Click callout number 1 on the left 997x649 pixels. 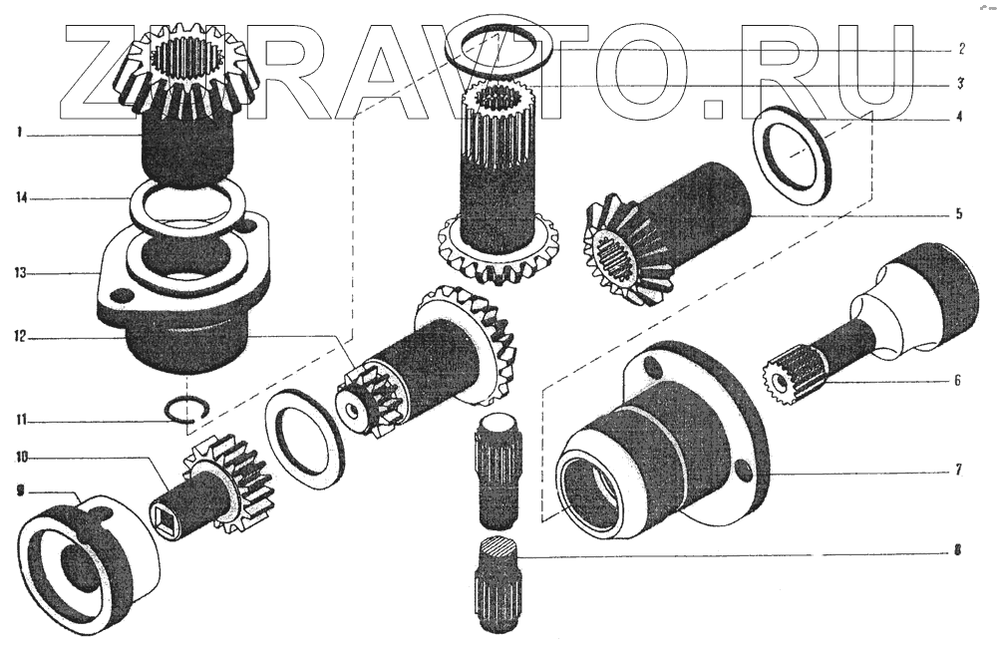point(20,133)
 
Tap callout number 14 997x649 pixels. point(22,198)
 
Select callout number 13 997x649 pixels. point(21,273)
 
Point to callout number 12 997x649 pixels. point(21,336)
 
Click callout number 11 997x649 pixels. point(22,420)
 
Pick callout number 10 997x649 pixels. point(22,458)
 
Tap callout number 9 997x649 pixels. point(20,489)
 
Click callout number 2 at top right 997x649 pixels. point(962,49)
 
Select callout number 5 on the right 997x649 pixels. point(959,213)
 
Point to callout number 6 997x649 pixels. point(957,381)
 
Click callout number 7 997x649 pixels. point(958,471)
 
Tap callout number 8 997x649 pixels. point(957,550)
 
